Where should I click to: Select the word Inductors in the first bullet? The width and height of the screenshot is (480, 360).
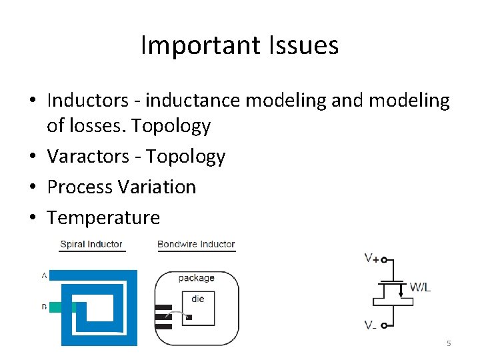point(87,101)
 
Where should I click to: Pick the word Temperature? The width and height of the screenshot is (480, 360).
point(103,218)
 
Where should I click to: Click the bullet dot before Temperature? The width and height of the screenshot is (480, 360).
point(33,218)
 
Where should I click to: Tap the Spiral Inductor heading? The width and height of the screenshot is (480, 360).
point(91,244)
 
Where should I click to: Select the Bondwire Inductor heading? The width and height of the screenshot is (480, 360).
point(196,244)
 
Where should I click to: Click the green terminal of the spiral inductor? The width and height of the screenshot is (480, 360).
point(63,307)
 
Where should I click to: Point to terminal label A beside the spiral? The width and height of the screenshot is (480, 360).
point(44,275)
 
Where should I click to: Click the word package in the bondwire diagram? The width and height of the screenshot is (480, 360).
point(196,278)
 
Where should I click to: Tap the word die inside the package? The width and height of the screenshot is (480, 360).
point(198,299)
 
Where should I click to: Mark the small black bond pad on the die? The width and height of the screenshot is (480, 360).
point(189,317)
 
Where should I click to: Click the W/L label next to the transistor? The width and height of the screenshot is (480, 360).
point(421,287)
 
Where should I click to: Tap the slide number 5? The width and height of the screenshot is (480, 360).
point(449,343)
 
